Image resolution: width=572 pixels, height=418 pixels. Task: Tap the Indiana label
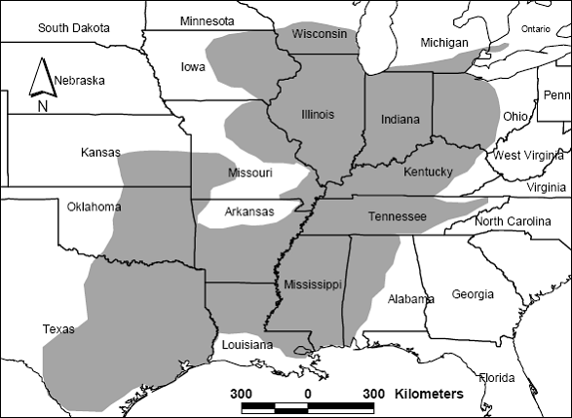coord(400,120)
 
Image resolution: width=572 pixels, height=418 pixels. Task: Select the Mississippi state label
coord(313,284)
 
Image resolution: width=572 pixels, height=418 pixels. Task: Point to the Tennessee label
coord(397,216)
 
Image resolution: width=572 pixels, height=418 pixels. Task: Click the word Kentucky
coord(428,172)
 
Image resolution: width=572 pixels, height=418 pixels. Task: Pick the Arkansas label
coord(249,211)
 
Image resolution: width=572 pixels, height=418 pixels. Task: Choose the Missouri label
coord(249,172)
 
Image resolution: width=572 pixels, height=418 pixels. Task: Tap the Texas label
coord(58,329)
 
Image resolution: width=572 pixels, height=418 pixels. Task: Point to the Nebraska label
coord(80,80)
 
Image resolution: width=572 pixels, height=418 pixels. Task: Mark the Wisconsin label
coord(321,34)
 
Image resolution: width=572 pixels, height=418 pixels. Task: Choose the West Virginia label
coord(528,156)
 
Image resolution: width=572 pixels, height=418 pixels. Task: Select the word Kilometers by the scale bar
coord(429,394)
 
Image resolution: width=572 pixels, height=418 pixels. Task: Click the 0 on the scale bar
coord(308,394)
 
